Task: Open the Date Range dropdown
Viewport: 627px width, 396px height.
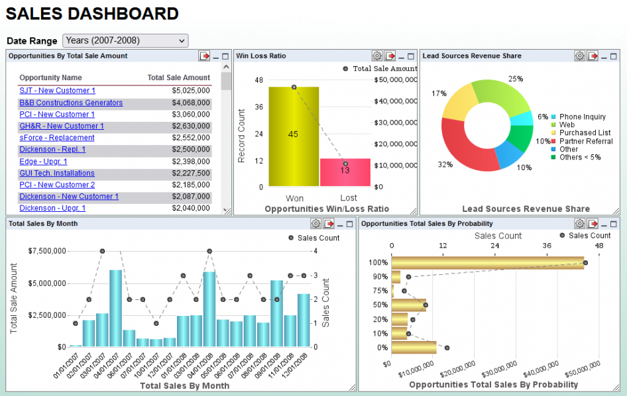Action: click(125, 41)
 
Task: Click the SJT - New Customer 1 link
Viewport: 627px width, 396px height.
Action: click(57, 91)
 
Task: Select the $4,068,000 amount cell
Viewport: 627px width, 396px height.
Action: click(190, 103)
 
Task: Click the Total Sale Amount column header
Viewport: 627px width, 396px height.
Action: click(178, 77)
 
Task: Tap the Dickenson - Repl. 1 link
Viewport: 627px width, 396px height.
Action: click(52, 150)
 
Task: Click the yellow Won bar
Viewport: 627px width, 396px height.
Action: click(294, 136)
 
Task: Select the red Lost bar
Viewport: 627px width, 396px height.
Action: click(345, 172)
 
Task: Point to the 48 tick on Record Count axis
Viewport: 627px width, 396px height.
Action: click(258, 79)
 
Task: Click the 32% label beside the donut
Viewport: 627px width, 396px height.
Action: click(445, 165)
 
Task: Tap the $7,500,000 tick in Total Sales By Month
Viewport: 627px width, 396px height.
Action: click(47, 251)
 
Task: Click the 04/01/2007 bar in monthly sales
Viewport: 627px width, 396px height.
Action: click(115, 308)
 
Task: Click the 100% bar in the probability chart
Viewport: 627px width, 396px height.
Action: click(487, 262)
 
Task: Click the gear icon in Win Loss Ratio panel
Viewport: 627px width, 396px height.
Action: click(377, 56)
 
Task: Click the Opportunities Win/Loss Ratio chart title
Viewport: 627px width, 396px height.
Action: click(327, 209)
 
